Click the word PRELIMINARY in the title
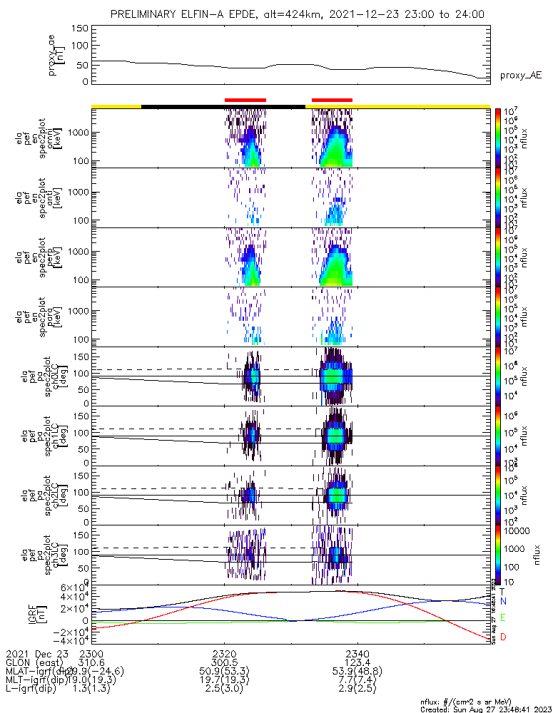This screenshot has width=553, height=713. pyautogui.click(x=143, y=14)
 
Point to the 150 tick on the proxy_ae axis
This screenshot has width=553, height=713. pyautogui.click(x=80, y=29)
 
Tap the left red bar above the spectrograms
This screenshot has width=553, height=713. pyautogui.click(x=245, y=101)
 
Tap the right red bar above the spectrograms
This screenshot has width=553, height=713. pyautogui.click(x=333, y=101)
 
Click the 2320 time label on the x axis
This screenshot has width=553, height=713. pyautogui.click(x=224, y=654)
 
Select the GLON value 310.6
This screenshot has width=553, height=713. pyautogui.click(x=91, y=662)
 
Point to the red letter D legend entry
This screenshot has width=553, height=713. pyautogui.click(x=502, y=637)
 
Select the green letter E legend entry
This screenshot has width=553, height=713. pyautogui.click(x=502, y=617)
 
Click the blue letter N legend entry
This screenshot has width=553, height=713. pyautogui.click(x=502, y=602)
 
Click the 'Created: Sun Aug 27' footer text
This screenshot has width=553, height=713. pyautogui.click(x=485, y=709)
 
